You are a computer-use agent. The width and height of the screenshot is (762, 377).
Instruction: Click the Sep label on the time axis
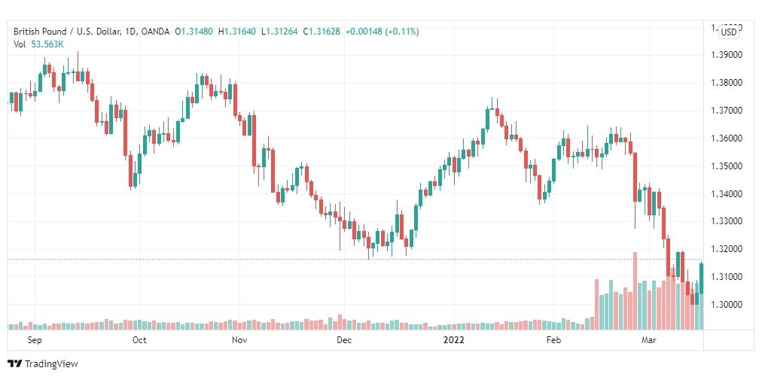[34, 340]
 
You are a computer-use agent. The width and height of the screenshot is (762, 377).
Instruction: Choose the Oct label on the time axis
[139, 340]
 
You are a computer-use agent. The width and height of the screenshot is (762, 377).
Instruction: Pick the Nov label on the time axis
[239, 340]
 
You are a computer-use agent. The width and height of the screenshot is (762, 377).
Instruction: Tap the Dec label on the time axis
[343, 340]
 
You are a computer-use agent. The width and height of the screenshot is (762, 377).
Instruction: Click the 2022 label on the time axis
[453, 340]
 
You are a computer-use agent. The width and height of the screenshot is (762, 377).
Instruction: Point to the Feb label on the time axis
[553, 340]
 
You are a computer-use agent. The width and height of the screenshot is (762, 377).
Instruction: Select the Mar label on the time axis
[648, 340]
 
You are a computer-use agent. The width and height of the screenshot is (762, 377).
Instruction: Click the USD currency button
[729, 32]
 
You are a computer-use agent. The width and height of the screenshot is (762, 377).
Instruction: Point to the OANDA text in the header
[156, 32]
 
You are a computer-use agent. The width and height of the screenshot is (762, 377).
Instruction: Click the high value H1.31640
[237, 32]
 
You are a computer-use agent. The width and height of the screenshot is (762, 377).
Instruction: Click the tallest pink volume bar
[635, 290]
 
